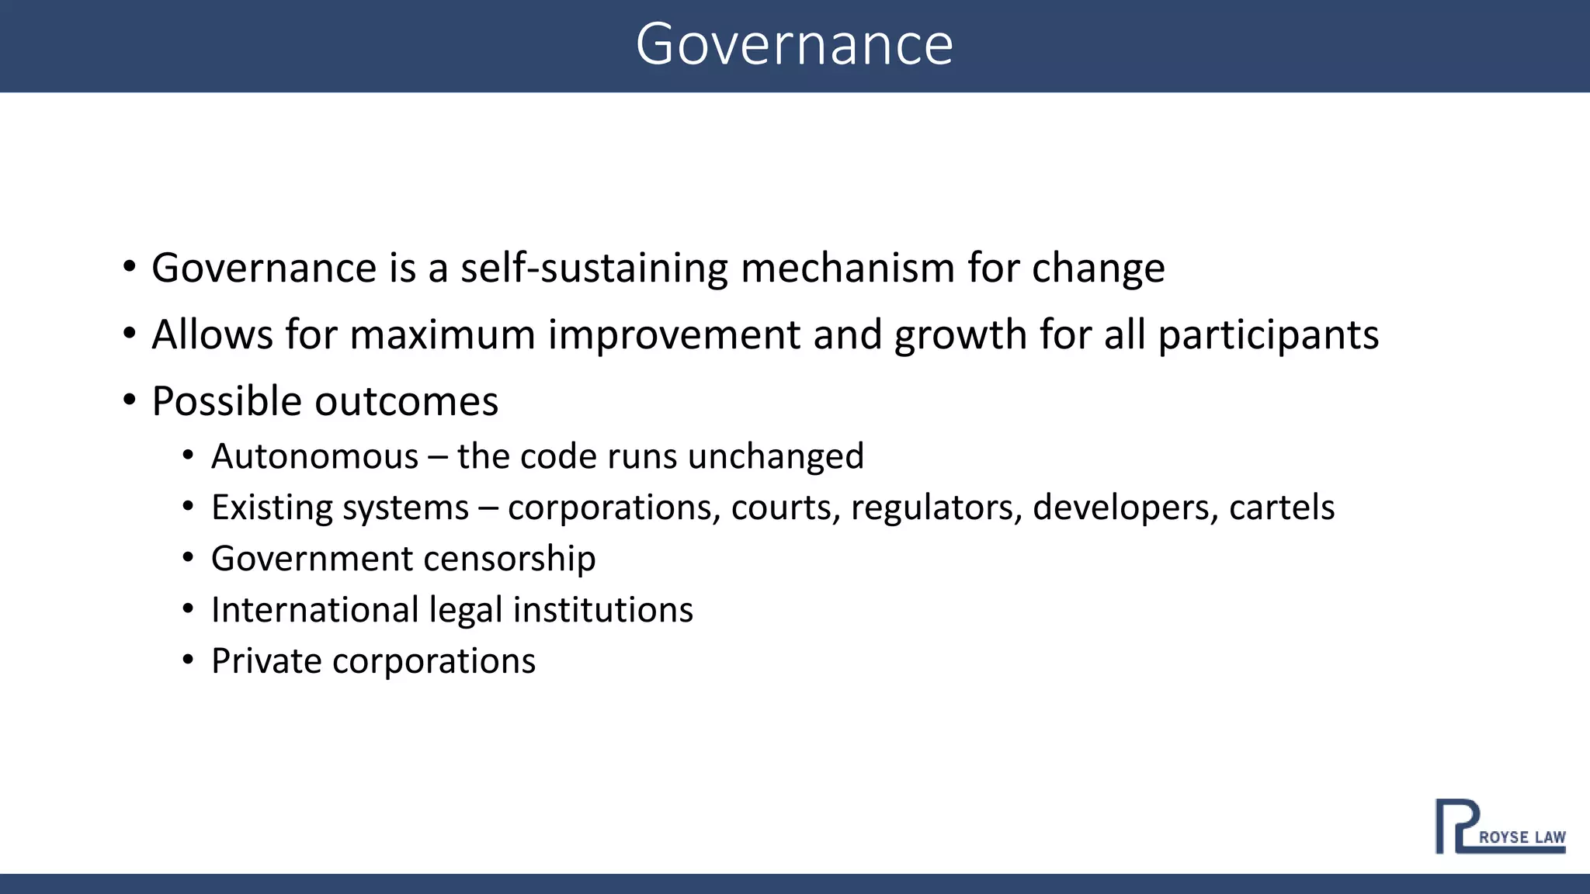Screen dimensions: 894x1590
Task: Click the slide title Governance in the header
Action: (794, 45)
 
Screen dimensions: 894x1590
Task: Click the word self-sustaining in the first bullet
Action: (594, 269)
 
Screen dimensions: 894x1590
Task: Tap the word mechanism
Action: (847, 269)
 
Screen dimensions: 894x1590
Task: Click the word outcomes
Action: (406, 402)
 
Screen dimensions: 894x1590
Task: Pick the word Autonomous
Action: (314, 456)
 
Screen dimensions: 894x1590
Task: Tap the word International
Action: (314, 610)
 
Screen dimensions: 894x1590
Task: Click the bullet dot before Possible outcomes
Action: (130, 401)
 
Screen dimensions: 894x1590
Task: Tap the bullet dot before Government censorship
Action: (188, 559)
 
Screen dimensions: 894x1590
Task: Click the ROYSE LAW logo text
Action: (1521, 837)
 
